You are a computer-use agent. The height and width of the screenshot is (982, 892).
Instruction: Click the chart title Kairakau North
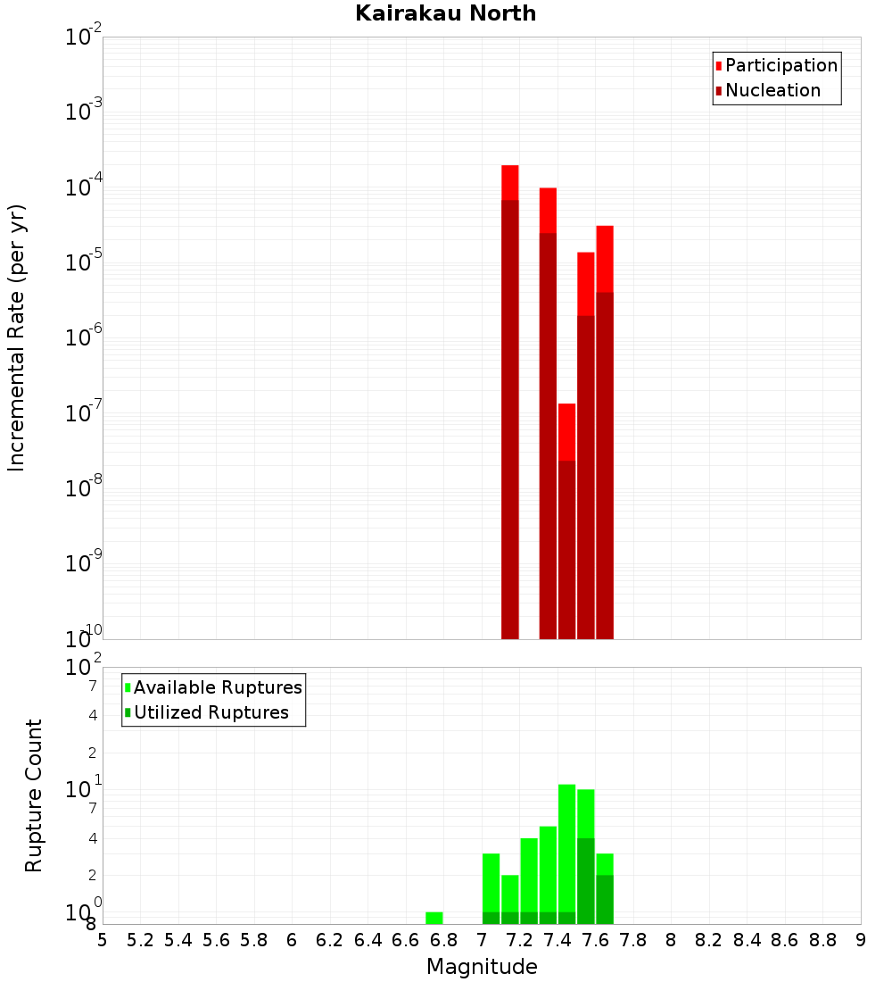(445, 13)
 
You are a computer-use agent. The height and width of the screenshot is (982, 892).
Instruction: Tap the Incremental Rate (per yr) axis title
(16, 337)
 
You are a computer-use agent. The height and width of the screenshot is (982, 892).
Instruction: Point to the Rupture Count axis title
(34, 795)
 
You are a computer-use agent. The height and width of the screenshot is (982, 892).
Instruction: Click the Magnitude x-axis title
(482, 967)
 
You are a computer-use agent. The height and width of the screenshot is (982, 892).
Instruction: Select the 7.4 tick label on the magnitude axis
(557, 940)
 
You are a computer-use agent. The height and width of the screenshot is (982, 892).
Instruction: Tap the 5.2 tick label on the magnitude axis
(140, 940)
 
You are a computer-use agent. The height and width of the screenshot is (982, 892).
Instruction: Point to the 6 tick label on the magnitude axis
(292, 940)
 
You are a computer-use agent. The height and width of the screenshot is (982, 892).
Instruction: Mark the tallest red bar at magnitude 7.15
(510, 402)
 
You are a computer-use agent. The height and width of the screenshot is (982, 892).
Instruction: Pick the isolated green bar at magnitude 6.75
(434, 918)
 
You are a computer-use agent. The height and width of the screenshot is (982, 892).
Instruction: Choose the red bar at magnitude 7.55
(586, 445)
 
